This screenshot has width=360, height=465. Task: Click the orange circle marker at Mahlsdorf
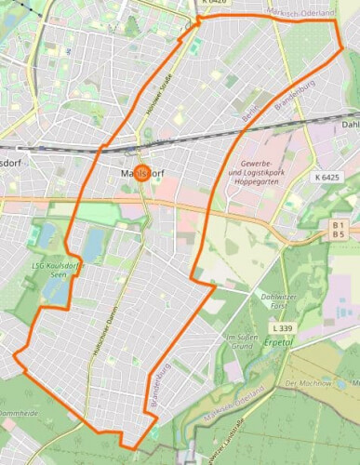tap(142, 171)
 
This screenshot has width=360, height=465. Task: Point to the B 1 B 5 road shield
tap(339, 230)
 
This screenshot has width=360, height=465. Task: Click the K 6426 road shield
tap(213, 3)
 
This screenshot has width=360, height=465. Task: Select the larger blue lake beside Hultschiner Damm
tap(93, 244)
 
